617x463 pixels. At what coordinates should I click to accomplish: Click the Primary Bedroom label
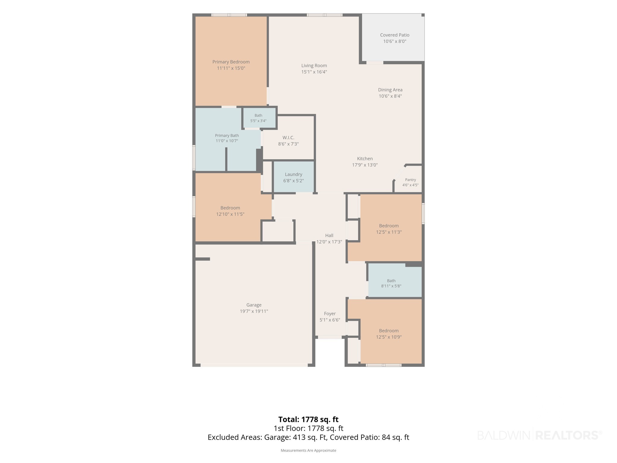coord(231,62)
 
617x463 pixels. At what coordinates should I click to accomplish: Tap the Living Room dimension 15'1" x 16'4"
coord(314,72)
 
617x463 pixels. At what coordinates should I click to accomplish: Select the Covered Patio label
coord(395,35)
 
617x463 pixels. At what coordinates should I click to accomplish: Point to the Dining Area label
coord(390,90)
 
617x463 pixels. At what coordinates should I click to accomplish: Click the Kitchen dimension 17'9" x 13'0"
coord(365,165)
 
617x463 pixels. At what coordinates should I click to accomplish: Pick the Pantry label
coord(410,180)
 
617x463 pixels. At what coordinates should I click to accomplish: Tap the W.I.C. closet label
coord(288,138)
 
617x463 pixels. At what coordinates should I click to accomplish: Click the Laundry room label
coord(293,175)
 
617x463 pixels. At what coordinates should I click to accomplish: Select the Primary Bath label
coord(227,136)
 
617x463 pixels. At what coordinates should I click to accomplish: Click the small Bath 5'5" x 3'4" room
coord(259,118)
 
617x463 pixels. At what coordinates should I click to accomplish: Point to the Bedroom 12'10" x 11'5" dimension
coord(230,214)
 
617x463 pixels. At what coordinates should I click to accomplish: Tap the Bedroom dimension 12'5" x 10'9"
coord(389,337)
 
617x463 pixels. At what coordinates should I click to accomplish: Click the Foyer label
coord(330,313)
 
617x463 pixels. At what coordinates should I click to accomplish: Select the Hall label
coord(329,235)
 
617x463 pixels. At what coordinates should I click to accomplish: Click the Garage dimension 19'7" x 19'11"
coord(254,311)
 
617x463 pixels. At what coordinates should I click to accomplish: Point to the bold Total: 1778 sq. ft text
coord(308,419)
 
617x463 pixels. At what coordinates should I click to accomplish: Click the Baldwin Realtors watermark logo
coord(540,435)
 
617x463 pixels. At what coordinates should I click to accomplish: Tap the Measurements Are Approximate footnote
coord(308,450)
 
